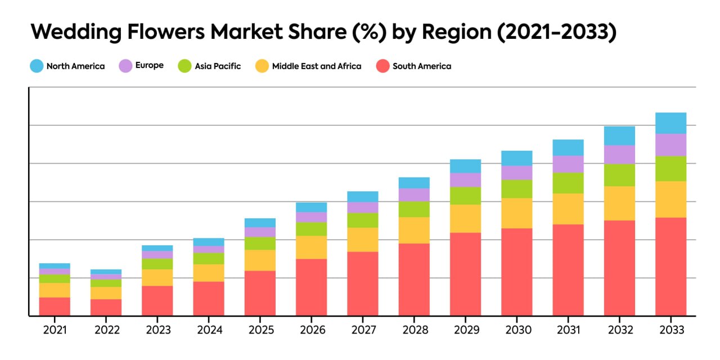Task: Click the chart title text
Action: click(323, 33)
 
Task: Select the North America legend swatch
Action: click(37, 66)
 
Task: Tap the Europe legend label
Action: click(149, 65)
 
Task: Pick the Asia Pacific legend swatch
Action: click(185, 66)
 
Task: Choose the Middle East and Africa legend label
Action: click(316, 66)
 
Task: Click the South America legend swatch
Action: click(383, 66)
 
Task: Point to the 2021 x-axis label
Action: click(55, 330)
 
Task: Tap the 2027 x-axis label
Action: click(363, 330)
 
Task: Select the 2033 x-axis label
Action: click(670, 330)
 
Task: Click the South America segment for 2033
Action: click(670, 267)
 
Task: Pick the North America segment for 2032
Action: click(619, 136)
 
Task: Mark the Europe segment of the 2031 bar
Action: click(568, 164)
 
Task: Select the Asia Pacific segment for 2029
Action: click(465, 195)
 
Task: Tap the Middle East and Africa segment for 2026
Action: click(311, 247)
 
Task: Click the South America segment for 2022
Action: click(106, 307)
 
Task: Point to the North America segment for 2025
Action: click(260, 223)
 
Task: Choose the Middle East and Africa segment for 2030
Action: click(516, 213)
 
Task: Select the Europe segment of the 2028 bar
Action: click(414, 195)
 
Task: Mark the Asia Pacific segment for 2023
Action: click(157, 264)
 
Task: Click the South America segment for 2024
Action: click(209, 298)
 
